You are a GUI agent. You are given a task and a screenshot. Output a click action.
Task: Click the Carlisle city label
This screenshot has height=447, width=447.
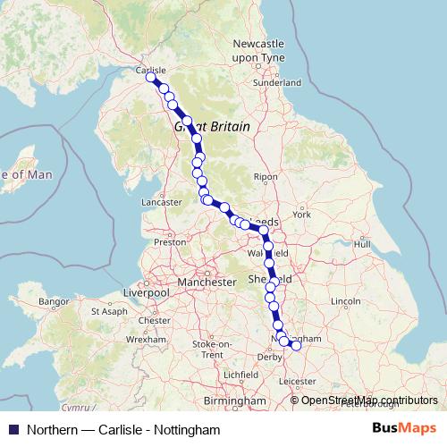(x=150, y=68)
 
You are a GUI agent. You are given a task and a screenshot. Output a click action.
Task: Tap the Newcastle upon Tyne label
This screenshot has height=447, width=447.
(x=258, y=50)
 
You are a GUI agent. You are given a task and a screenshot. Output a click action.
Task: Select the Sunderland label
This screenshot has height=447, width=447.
(x=277, y=81)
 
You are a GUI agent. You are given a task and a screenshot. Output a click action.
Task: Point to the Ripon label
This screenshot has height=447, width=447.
(x=266, y=177)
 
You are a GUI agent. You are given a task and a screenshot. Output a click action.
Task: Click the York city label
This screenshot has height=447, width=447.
(x=301, y=215)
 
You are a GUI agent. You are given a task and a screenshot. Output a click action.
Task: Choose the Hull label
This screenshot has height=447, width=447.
(x=362, y=243)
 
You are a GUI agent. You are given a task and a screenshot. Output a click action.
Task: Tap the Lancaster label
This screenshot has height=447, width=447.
(x=162, y=203)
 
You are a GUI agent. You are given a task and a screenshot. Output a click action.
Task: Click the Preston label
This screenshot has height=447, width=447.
(x=169, y=241)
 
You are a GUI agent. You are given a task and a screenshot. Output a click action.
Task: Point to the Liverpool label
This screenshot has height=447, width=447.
(x=147, y=292)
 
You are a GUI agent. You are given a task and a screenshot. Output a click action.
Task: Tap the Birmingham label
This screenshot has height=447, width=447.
(x=237, y=402)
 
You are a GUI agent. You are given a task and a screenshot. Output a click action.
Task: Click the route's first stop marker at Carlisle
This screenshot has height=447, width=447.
(x=152, y=79)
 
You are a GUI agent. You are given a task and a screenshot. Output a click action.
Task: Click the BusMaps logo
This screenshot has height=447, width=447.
(x=404, y=429)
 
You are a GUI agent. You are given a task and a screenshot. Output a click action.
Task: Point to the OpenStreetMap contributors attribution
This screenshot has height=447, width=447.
(x=368, y=401)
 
